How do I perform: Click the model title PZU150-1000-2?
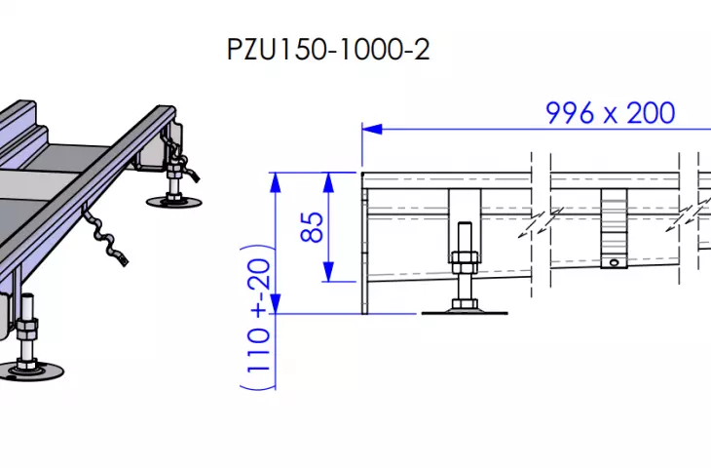[x=328, y=50]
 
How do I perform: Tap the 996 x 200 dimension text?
[x=611, y=113]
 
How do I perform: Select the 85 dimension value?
[x=312, y=227]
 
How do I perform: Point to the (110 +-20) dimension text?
[x=257, y=317]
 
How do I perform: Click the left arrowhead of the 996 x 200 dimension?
[x=372, y=130]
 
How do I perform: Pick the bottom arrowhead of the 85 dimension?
[x=329, y=271]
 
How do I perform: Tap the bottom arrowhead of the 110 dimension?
[x=276, y=303]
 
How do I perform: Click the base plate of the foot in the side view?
[x=465, y=312]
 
